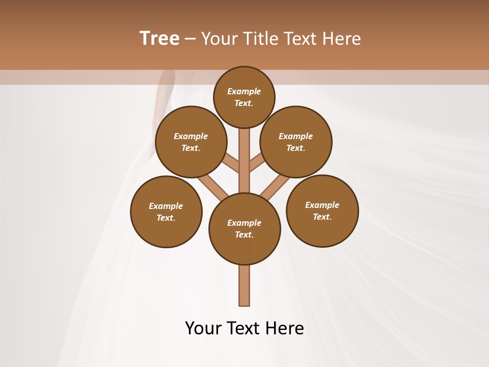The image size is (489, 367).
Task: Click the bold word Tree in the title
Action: [159, 39]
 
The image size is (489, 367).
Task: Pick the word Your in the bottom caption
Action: [202, 328]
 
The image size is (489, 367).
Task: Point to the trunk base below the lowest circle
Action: [244, 288]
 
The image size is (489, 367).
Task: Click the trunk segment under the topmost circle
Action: [244, 158]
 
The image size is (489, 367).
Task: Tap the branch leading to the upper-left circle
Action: [231, 163]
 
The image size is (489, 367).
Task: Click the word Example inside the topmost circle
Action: [244, 91]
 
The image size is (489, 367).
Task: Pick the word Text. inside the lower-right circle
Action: [322, 217]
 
